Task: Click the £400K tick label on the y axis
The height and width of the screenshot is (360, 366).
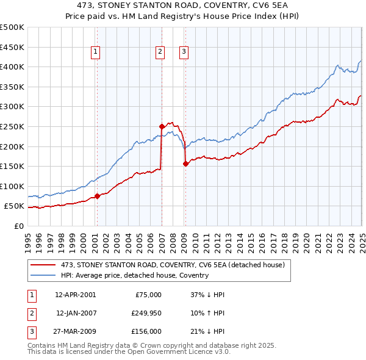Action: coord(12,67)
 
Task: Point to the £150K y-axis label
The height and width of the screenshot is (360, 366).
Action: coord(12,166)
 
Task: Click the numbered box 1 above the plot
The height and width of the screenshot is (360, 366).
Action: coord(96,52)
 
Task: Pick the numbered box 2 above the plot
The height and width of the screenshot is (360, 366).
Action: coord(160,52)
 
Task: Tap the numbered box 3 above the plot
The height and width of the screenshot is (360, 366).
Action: coord(184,52)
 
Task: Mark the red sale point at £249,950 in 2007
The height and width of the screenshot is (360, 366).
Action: coord(162,126)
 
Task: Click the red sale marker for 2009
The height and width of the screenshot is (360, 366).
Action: coord(185,164)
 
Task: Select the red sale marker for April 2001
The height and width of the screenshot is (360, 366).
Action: coord(97,196)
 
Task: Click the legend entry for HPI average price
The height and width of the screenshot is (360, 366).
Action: coord(134,275)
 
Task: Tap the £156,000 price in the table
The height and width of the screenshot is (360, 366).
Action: coord(147,331)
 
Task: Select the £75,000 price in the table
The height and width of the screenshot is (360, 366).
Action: coord(149,295)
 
